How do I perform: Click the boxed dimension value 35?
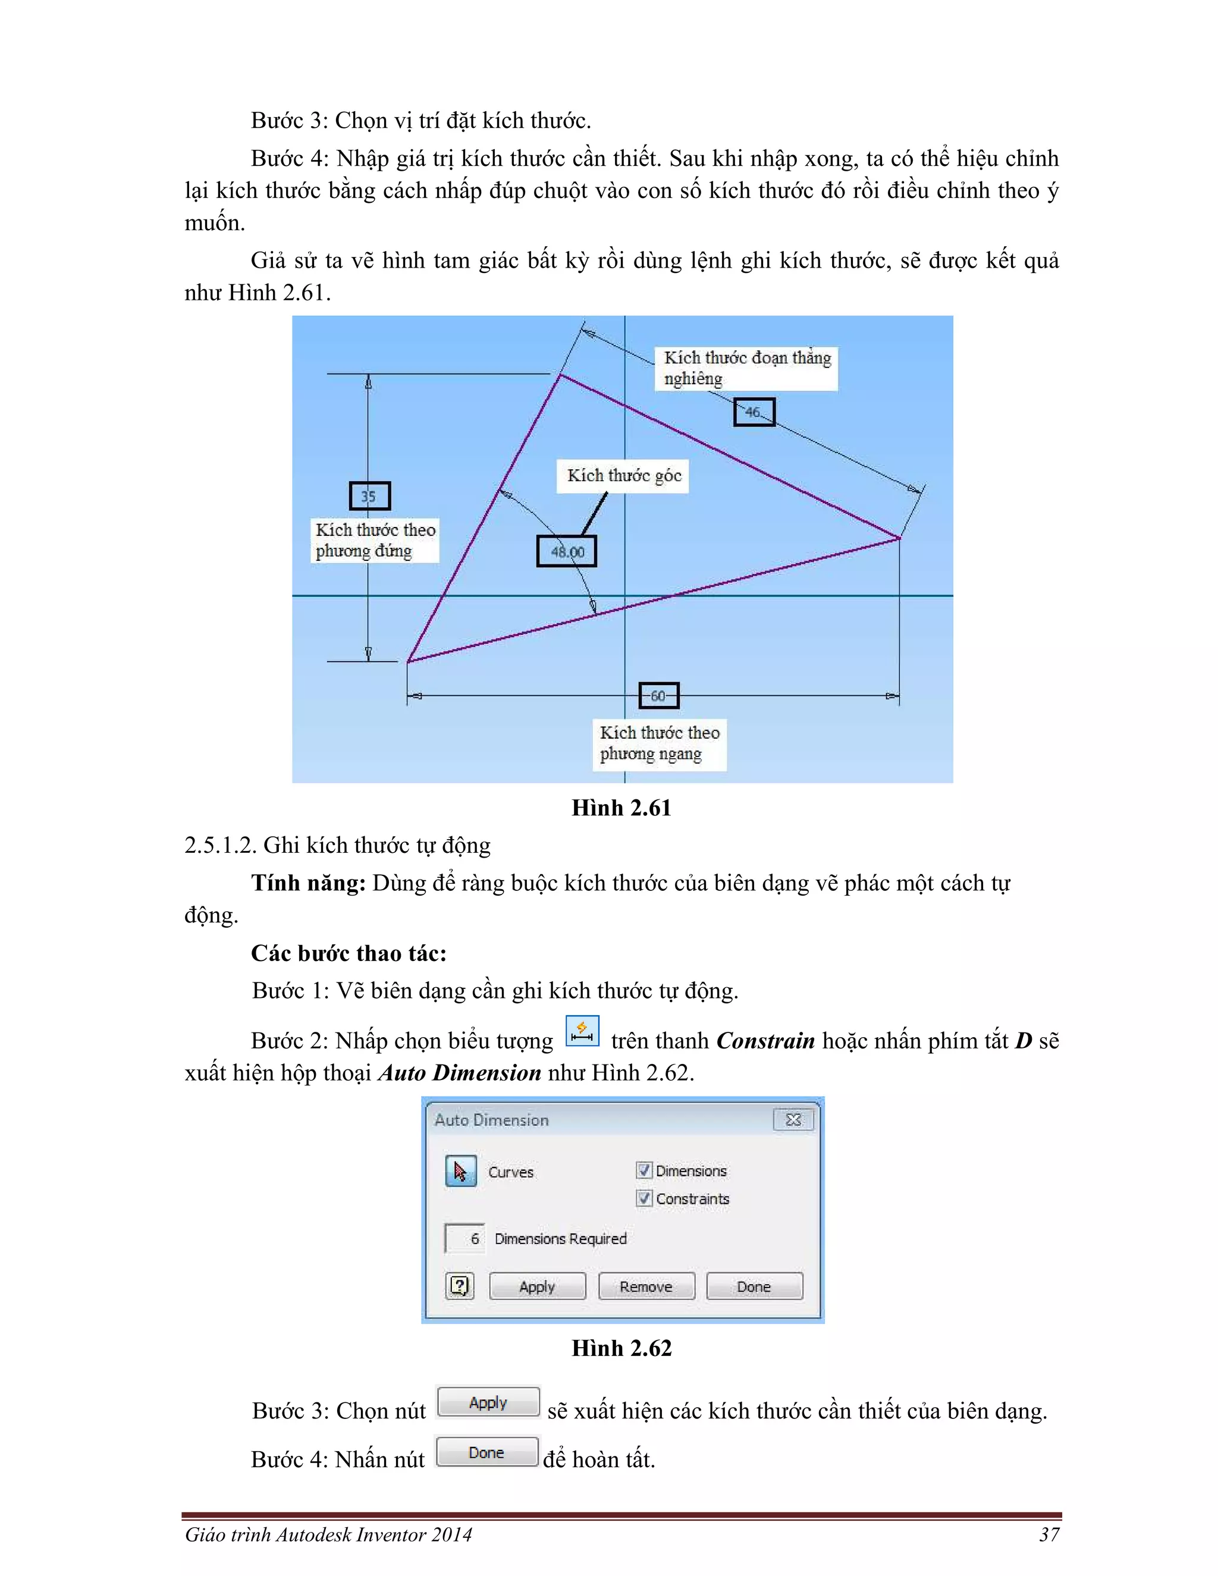[369, 497]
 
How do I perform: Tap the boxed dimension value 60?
[659, 696]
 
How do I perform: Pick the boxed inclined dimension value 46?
[754, 412]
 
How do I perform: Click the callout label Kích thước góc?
[623, 476]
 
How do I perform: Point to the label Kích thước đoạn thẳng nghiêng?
[746, 368]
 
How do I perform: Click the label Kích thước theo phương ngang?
[659, 743]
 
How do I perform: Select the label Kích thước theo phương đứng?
[375, 540]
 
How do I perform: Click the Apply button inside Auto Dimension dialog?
[537, 1286]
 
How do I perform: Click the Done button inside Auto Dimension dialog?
[754, 1286]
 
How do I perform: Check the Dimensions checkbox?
[644, 1170]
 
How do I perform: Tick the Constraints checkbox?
[644, 1198]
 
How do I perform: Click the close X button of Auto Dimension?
[793, 1120]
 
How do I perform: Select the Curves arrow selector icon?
[460, 1171]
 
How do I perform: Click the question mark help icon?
[460, 1286]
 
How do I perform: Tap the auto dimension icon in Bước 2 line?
[582, 1031]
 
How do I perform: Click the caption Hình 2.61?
[621, 808]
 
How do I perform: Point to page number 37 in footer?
[1049, 1534]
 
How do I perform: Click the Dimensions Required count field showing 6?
[464, 1238]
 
